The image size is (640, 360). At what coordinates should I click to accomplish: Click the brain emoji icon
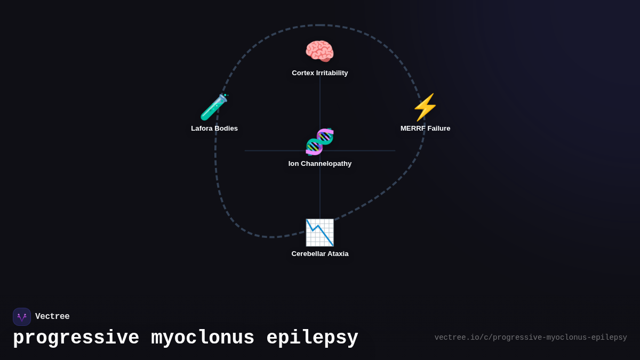click(319, 52)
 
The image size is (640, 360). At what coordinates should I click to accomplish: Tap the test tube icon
click(214, 107)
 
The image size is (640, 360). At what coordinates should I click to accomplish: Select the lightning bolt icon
click(425, 107)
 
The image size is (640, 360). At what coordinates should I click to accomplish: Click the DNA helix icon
click(319, 142)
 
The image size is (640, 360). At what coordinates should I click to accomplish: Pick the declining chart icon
click(319, 233)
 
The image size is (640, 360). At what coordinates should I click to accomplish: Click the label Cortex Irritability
click(320, 73)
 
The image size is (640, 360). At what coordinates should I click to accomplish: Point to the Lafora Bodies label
click(214, 129)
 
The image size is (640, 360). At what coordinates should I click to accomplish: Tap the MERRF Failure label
click(426, 129)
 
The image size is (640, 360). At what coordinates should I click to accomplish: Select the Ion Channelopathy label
click(320, 164)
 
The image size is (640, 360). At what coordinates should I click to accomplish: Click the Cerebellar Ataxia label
click(320, 254)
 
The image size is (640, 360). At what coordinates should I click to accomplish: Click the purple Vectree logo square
click(22, 317)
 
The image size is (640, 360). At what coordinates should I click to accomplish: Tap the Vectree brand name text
click(52, 317)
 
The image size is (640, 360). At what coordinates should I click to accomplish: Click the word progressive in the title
click(76, 338)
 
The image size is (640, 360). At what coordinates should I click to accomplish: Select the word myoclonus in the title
click(203, 338)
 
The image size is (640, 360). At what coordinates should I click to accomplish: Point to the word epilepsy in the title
click(312, 338)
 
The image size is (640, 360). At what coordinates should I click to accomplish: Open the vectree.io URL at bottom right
click(531, 338)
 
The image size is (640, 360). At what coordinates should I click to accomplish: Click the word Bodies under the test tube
click(226, 129)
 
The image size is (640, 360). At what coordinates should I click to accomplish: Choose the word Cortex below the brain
click(303, 73)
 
